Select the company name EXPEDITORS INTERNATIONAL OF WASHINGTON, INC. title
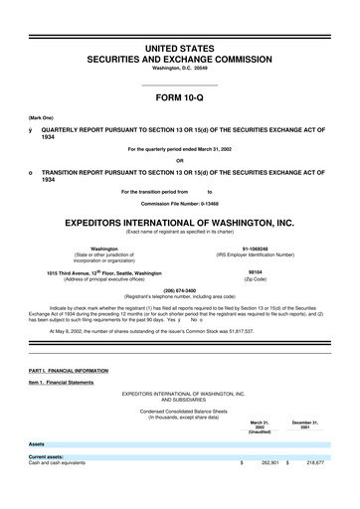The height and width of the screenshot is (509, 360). coord(179,223)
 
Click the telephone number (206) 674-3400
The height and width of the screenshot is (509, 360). coord(179,292)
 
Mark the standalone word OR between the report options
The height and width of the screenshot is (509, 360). coord(179,162)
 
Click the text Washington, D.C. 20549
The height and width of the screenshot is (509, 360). coord(179,54)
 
